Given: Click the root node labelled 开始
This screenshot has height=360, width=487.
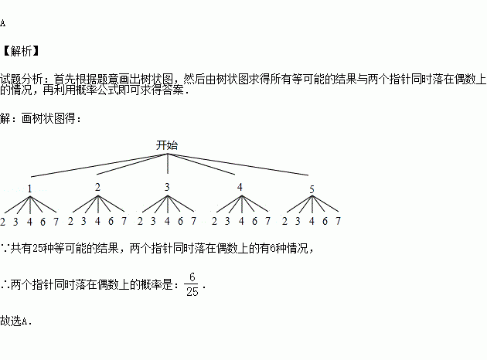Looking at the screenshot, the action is coord(167,144).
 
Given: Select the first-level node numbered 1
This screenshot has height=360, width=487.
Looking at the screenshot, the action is coord(29,189).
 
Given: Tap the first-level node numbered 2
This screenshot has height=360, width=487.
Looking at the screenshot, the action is coord(97,187).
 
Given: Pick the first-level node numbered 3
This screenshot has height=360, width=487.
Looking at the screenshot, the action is coord(167,187).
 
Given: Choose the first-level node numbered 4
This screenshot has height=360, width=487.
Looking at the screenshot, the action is coord(240,187).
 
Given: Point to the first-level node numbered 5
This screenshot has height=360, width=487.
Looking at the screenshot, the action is coord(312,189).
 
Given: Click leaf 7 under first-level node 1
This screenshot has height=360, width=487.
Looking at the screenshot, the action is coord(56,222).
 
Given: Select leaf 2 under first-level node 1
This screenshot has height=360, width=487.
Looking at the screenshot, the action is coord(3,222).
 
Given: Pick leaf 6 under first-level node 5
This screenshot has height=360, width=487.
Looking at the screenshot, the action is coord(325,222).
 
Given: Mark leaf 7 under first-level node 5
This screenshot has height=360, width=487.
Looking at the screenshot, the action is coord(339,222).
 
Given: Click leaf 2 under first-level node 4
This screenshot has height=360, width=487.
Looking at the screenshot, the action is coord(214,222).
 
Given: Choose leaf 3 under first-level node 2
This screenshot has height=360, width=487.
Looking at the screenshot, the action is coord(84,222).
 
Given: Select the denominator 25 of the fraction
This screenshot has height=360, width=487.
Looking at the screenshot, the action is coord(192,291).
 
